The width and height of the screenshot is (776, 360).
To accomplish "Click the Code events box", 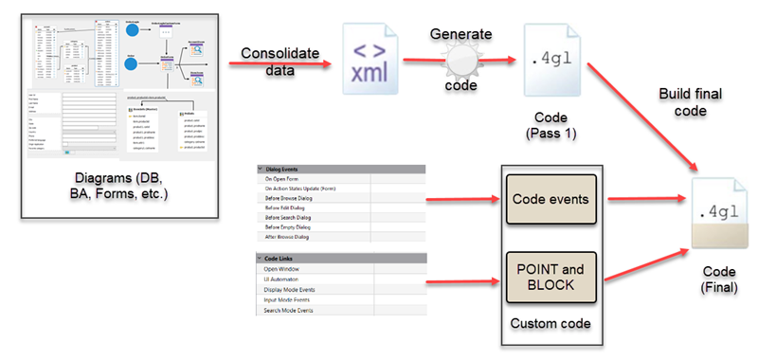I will click(549, 199).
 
